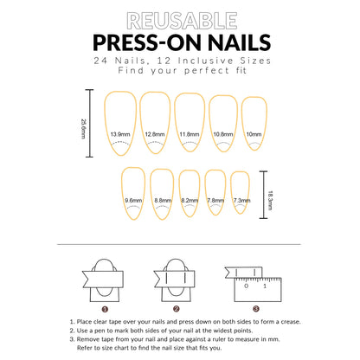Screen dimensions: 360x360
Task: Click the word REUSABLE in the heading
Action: click(180, 19)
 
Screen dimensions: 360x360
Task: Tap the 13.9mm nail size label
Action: click(120, 134)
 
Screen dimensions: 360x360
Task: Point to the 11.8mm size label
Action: click(190, 134)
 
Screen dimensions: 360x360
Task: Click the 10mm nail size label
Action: click(254, 134)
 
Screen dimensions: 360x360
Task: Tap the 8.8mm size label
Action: click(162, 200)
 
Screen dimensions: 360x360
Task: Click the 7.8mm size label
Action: click(216, 200)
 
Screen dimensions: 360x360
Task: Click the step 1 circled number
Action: click(105, 308)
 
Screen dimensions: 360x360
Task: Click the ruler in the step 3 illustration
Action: click(264, 286)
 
